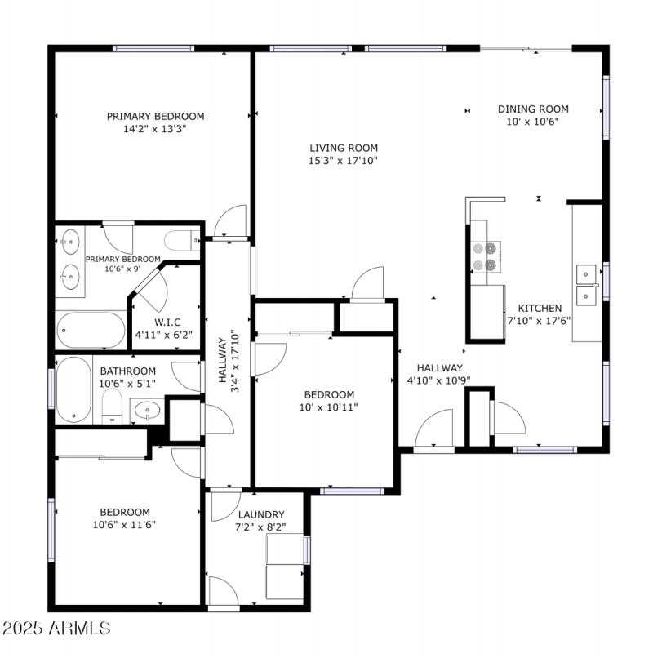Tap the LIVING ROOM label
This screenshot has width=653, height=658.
point(344,148)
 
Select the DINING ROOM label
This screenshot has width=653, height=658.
point(533,109)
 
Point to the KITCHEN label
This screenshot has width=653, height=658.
point(539,308)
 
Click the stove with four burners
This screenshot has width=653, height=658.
point(486,256)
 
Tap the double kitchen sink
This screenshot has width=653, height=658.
point(587,283)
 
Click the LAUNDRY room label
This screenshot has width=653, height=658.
point(261,514)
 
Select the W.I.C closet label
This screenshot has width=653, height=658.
point(167,322)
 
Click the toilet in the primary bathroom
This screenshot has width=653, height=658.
point(180,239)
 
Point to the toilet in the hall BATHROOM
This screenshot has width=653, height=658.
point(113,406)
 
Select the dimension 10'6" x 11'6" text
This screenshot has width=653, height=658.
point(125,525)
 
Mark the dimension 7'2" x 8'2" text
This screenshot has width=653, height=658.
point(261,527)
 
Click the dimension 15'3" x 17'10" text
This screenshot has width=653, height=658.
point(344,161)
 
